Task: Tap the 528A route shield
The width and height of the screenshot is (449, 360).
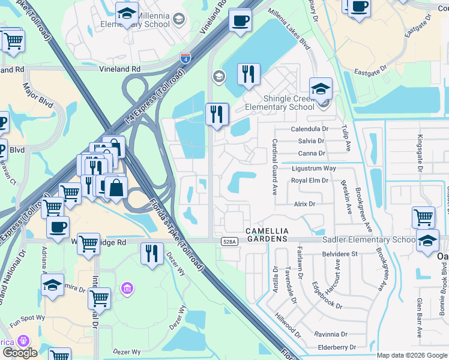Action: (228, 241)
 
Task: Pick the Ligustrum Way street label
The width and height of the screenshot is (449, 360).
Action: (313, 169)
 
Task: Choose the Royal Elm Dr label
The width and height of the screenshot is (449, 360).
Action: (309, 180)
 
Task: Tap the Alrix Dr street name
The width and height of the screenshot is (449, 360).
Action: (304, 204)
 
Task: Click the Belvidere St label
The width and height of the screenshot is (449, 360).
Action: (339, 254)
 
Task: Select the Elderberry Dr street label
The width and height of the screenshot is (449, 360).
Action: (337, 347)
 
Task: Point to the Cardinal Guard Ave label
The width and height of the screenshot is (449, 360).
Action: (274, 167)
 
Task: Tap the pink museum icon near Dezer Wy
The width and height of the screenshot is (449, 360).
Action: (127, 289)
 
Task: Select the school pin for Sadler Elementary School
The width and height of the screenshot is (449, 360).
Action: (427, 242)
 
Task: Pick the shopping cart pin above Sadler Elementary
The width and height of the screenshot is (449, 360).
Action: (423, 217)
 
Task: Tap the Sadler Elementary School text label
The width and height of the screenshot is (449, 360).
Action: (369, 240)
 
